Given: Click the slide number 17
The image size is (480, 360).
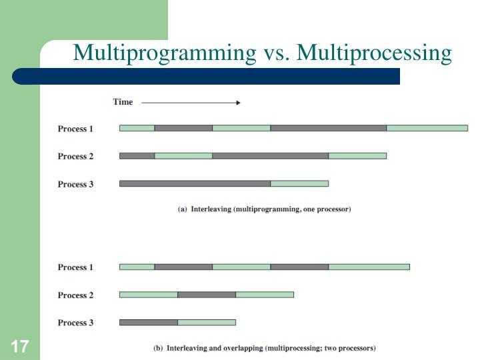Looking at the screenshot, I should (19, 347).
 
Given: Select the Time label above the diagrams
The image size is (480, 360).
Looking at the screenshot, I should (123, 102).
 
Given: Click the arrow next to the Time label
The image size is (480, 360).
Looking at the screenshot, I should (191, 103).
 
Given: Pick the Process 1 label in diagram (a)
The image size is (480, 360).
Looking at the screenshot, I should (75, 129).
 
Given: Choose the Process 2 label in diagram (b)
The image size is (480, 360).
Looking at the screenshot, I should (75, 295).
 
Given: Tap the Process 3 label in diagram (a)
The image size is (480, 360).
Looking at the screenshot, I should (75, 184).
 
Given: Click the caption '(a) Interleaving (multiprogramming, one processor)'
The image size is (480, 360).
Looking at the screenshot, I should (264, 209).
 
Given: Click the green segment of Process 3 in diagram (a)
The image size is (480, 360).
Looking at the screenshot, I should (299, 183).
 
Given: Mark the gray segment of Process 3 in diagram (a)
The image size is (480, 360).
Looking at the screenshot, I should (195, 183).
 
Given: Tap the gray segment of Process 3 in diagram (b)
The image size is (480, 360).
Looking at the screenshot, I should (149, 322).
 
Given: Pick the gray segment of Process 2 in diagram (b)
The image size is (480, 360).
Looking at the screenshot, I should (207, 295).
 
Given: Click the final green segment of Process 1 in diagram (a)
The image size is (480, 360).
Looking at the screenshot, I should (427, 128).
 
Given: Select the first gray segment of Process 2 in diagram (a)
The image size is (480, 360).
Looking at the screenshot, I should (137, 156).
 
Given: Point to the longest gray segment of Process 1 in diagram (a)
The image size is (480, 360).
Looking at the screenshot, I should (328, 128).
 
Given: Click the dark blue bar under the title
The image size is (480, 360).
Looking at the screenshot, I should (220, 75).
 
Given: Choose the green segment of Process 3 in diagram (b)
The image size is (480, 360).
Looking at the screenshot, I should (207, 322).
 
